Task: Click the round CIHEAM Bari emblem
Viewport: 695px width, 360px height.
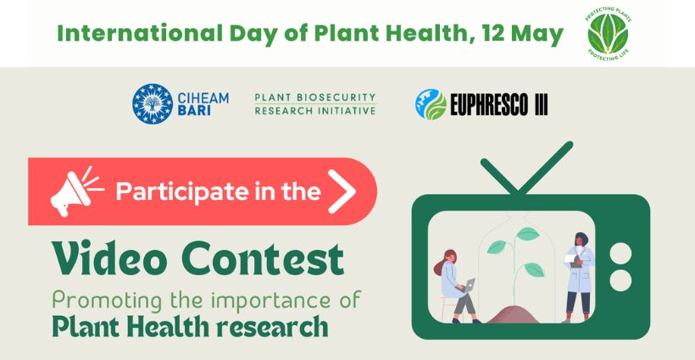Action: click(153, 103)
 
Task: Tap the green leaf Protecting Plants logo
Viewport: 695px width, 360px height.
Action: click(609, 34)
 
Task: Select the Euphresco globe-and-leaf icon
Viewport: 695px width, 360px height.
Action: click(431, 104)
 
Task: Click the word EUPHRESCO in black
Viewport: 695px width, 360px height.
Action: click(489, 105)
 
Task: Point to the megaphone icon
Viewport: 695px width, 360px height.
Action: click(76, 191)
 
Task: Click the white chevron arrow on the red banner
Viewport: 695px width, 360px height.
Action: click(342, 191)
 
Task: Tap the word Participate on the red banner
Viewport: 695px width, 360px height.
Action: click(182, 192)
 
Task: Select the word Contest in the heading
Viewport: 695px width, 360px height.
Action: click(263, 258)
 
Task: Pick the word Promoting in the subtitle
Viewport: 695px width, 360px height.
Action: click(108, 301)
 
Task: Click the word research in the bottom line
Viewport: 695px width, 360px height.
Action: click(272, 327)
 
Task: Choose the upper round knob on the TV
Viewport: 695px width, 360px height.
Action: click(620, 254)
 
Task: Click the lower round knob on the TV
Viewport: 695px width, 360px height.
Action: click(620, 280)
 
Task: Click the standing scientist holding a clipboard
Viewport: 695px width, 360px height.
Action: click(577, 277)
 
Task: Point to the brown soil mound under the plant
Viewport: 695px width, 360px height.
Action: click(513, 314)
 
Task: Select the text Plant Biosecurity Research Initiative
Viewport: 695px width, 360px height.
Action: click(315, 104)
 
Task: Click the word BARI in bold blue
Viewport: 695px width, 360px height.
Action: click(194, 111)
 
